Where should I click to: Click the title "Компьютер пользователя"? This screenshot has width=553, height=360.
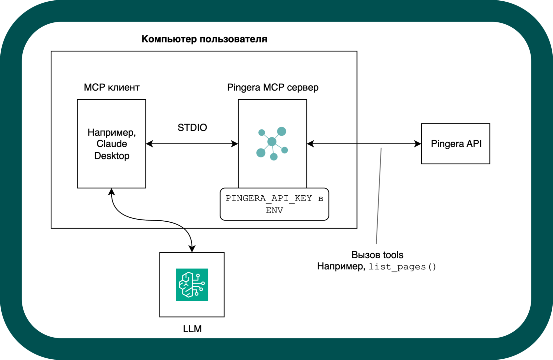click(204, 39)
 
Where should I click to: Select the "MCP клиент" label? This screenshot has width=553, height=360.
click(112, 87)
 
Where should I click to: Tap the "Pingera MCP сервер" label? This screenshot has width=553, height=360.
click(273, 87)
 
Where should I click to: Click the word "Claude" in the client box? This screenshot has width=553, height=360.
click(112, 144)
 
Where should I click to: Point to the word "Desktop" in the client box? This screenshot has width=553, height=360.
click(112, 156)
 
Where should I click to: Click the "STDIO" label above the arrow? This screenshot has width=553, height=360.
click(192, 127)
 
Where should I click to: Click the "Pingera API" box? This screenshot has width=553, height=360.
click(456, 144)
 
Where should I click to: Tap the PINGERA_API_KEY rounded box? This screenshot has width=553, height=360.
click(274, 204)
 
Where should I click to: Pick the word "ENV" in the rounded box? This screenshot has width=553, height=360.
click(274, 210)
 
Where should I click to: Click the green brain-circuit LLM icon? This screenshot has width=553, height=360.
click(192, 285)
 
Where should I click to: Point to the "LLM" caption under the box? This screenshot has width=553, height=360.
click(192, 329)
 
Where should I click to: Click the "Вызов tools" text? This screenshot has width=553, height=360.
click(377, 255)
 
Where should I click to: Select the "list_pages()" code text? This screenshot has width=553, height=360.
click(402, 267)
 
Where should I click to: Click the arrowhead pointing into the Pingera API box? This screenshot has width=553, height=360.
click(418, 144)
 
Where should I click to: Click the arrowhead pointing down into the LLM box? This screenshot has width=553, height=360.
click(192, 249)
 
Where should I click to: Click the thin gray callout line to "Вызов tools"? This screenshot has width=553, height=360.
click(379, 198)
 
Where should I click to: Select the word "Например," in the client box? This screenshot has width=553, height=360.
click(112, 132)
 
